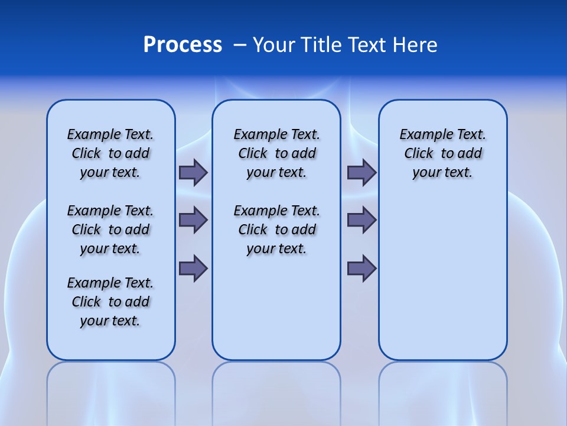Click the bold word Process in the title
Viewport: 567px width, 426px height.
[x=183, y=45]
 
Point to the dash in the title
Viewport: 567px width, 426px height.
[x=240, y=45]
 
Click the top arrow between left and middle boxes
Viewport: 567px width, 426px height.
[x=193, y=172]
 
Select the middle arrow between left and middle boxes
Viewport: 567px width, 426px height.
[x=193, y=220]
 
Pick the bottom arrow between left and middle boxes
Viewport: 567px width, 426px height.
[x=193, y=269]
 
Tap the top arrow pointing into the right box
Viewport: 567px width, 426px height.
[x=361, y=172]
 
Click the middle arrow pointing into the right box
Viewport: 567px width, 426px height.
[x=361, y=220]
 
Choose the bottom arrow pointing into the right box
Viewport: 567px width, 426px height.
[x=361, y=269]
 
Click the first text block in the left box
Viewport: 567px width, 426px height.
[x=110, y=153]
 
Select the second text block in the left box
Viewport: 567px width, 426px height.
[x=110, y=230]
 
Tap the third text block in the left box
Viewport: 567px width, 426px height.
[x=110, y=302]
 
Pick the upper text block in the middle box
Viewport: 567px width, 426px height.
[x=276, y=153]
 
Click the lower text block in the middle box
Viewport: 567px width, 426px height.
[x=276, y=230]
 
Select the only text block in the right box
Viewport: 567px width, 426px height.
[x=443, y=153]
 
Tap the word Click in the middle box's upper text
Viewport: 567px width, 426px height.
[x=253, y=154]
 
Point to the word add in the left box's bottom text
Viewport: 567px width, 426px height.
[x=137, y=302]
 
